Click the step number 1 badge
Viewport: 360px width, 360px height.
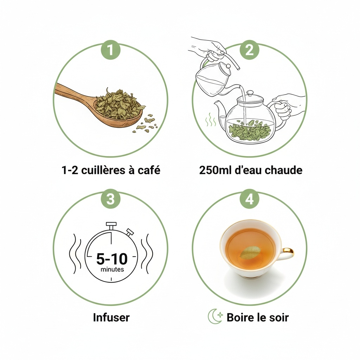coord(111,50)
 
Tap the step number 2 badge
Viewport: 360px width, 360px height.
coord(250,50)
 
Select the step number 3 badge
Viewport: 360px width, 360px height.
coord(111,199)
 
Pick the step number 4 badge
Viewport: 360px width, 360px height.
coord(250,199)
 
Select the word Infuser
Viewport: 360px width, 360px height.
coord(111,317)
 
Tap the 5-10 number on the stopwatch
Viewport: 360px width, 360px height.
coord(112,259)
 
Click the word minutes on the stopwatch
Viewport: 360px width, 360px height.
coord(112,269)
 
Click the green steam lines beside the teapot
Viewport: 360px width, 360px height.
coord(211,120)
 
